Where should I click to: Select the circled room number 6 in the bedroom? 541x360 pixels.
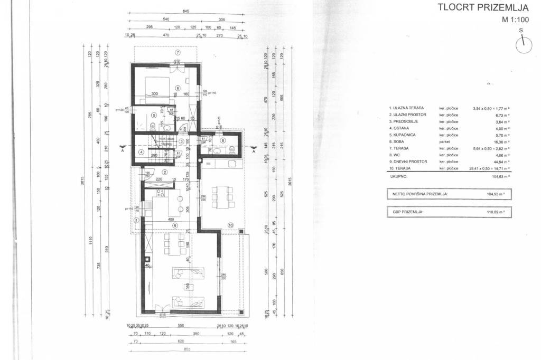[x=178, y=88]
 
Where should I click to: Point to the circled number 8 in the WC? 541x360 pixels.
[x=223, y=140]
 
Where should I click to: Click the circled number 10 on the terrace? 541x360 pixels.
[x=230, y=225]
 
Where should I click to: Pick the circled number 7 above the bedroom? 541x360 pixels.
[x=178, y=53]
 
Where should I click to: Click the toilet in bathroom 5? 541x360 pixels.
[x=152, y=126]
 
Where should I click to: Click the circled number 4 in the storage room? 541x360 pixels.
[x=141, y=153]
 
